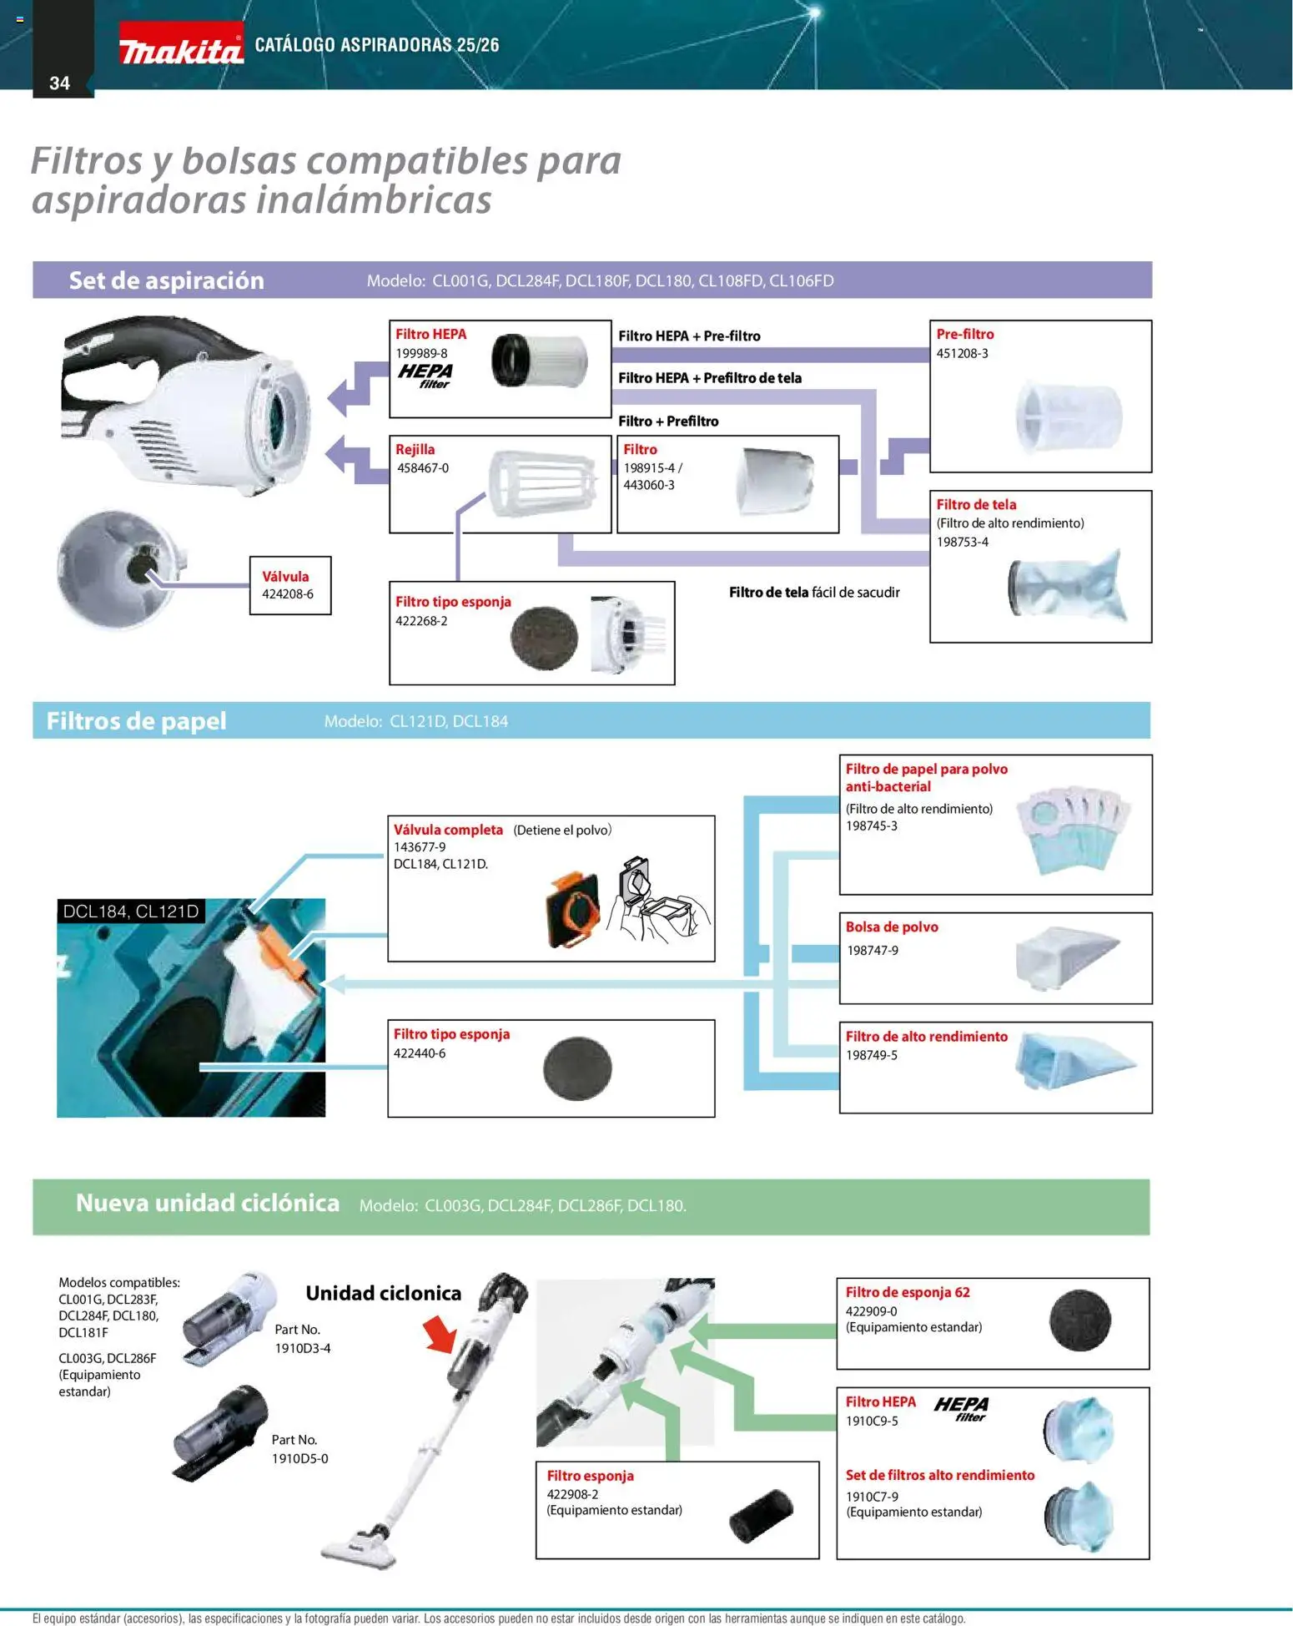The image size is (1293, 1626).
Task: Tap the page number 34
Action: pyautogui.click(x=59, y=83)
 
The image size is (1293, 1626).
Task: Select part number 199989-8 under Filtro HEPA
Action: pyautogui.click(x=421, y=353)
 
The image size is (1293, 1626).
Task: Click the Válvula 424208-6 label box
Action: pyautogui.click(x=289, y=585)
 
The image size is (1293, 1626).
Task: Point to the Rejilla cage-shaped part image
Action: pyautogui.click(x=543, y=483)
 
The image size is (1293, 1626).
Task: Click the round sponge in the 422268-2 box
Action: pyautogui.click(x=544, y=638)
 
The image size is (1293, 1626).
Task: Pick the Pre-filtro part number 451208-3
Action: pyautogui.click(x=962, y=353)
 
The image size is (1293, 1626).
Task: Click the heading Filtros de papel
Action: pyautogui.click(x=136, y=721)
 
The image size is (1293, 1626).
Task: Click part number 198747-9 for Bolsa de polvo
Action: pyautogui.click(x=873, y=950)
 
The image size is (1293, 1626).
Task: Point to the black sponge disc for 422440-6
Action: pyautogui.click(x=577, y=1068)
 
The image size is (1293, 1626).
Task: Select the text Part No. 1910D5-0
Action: pyautogui.click(x=299, y=1449)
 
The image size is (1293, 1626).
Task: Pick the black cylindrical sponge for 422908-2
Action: pyautogui.click(x=760, y=1514)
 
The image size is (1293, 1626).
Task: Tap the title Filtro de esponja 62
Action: pyautogui.click(x=908, y=1292)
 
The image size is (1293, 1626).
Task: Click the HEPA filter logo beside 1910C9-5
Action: pyautogui.click(x=962, y=1408)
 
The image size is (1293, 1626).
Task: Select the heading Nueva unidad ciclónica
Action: pyautogui.click(x=208, y=1203)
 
